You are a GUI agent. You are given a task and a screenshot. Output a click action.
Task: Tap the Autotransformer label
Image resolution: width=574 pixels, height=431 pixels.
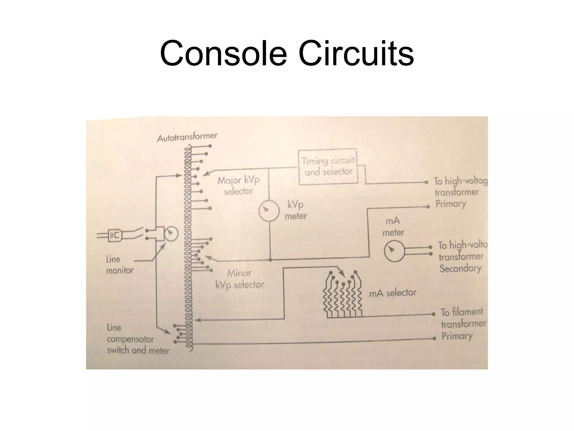[x=187, y=137]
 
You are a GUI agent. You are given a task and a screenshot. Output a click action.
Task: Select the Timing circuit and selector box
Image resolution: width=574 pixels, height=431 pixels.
[x=328, y=167]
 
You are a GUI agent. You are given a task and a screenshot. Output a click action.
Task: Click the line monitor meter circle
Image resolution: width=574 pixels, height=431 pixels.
[x=171, y=233]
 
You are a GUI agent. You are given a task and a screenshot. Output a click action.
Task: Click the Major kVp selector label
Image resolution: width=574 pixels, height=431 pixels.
[x=239, y=185]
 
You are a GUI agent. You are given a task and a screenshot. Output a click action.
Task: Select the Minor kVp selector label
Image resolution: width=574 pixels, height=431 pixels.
[x=240, y=279]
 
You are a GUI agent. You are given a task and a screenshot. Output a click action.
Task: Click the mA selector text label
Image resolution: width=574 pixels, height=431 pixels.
[x=393, y=293]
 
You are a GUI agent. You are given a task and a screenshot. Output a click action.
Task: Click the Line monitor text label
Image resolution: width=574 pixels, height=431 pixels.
[x=119, y=265]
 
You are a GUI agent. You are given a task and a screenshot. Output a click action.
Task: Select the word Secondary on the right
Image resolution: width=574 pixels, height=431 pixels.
[x=460, y=269]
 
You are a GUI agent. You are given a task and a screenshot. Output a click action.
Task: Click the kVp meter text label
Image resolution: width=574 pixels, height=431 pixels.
[x=296, y=210]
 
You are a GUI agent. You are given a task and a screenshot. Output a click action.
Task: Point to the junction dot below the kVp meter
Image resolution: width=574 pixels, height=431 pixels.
[x=270, y=260]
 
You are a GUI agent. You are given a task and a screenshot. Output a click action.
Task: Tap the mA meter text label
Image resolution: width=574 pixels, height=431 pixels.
[x=393, y=227]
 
